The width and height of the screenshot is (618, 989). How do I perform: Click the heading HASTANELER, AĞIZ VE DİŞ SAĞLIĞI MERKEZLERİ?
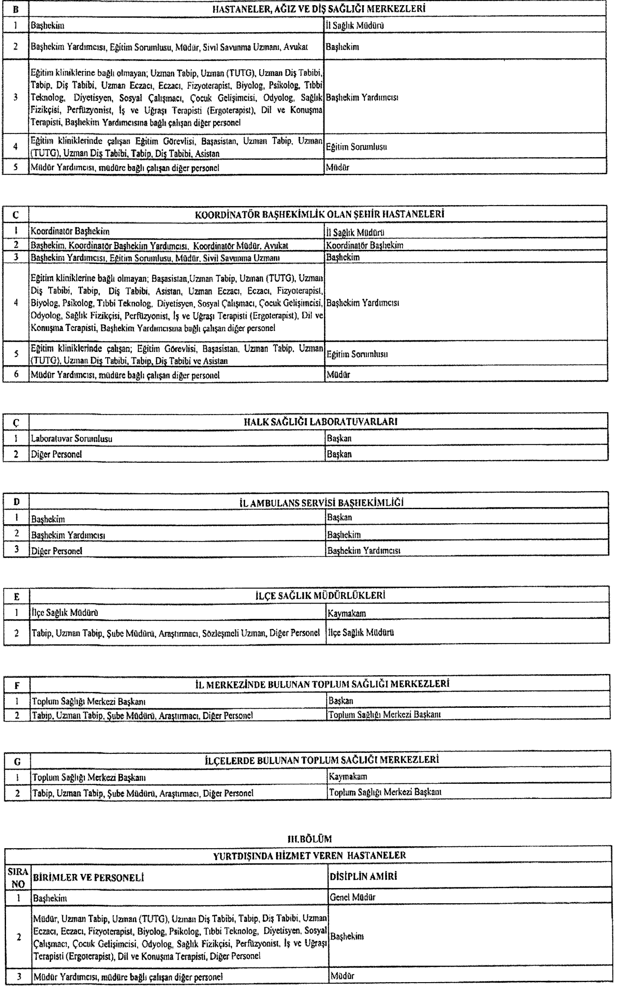coord(316,8)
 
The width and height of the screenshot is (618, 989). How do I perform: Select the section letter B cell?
coord(15,9)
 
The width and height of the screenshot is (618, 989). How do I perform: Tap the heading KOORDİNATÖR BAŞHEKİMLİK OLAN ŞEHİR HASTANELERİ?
coord(319,214)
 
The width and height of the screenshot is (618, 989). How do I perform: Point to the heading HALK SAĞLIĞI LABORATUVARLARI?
coord(320,422)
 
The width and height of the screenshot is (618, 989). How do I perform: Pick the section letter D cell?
coord(16,502)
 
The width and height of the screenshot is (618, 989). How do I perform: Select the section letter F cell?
coord(17,686)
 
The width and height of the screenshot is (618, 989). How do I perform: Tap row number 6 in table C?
coord(16,374)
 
